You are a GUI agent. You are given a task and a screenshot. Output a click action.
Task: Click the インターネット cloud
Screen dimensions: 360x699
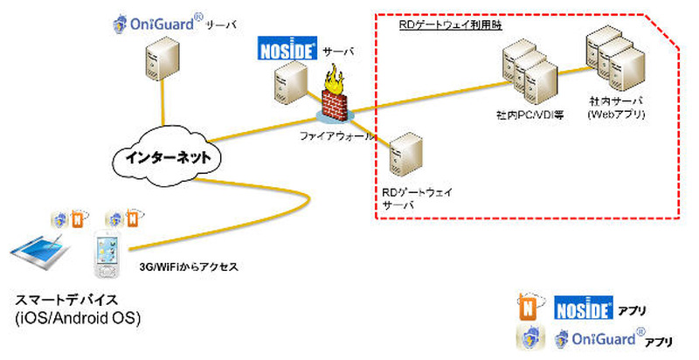(167, 160)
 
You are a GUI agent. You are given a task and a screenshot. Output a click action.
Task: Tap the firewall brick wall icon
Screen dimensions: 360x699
(336, 100)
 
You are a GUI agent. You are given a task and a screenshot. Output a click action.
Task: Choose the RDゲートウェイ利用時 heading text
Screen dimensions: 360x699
(451, 25)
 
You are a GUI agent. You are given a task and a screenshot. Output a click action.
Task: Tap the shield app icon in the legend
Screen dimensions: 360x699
(530, 336)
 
